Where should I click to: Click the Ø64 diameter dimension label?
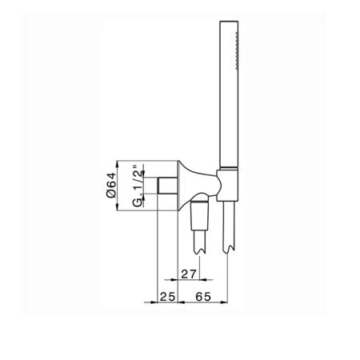click(111, 185)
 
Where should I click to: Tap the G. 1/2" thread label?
click(138, 186)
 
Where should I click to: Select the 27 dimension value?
click(189, 274)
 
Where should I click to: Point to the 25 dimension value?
click(167, 297)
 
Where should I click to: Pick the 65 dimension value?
click(203, 297)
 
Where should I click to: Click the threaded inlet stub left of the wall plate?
click(167, 186)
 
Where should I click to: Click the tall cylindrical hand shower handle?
click(229, 94)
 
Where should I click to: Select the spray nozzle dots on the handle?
click(237, 50)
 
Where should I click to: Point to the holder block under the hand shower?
click(227, 185)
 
